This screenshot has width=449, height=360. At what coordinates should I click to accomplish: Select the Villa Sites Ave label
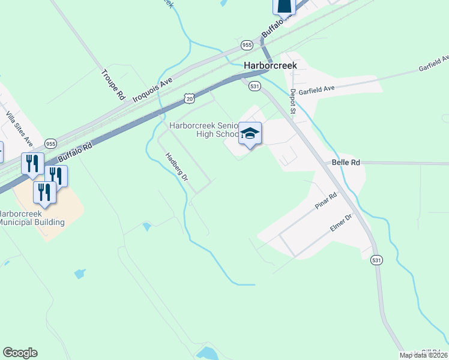pyautogui.click(x=19, y=128)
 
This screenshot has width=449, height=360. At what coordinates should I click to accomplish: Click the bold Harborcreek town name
pyautogui.click(x=270, y=65)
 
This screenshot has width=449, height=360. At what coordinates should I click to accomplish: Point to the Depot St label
pyautogui.click(x=293, y=101)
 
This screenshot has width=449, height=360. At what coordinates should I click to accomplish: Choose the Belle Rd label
pyautogui.click(x=342, y=163)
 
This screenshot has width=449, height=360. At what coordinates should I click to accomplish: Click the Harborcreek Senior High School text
pyautogui.click(x=204, y=130)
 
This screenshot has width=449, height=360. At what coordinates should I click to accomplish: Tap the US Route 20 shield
pyautogui.click(x=189, y=97)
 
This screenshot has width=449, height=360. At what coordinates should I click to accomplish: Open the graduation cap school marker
pyautogui.click(x=250, y=134)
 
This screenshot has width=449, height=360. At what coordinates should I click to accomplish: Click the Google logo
pyautogui.click(x=20, y=353)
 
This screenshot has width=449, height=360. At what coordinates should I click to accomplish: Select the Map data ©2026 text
pyautogui.click(x=424, y=355)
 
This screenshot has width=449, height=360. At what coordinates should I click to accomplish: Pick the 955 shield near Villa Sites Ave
pyautogui.click(x=50, y=144)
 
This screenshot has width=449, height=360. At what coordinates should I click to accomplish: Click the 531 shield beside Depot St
pyautogui.click(x=255, y=86)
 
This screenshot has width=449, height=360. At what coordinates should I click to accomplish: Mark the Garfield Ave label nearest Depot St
pyautogui.click(x=316, y=89)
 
